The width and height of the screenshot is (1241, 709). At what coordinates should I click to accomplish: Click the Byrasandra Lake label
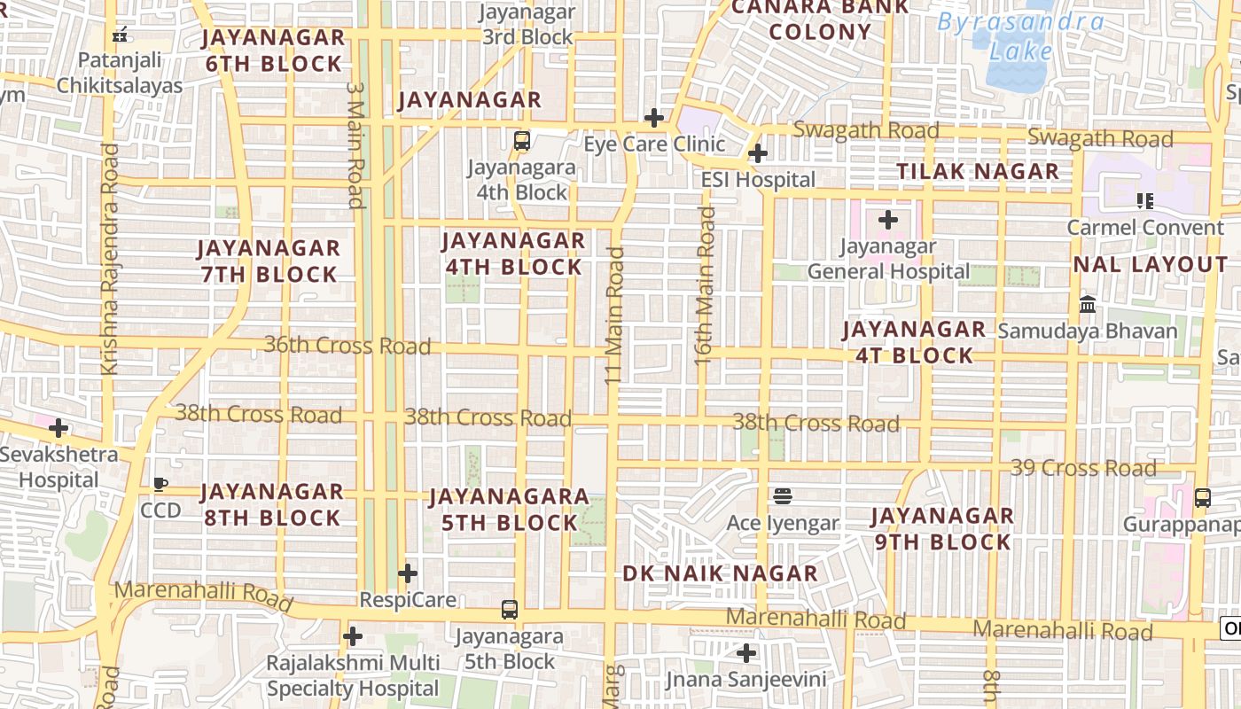click(x=1021, y=35)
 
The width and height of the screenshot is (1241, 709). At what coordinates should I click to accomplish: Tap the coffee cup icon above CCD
click(x=160, y=484)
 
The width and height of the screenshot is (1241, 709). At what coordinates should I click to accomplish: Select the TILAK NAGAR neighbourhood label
click(x=978, y=171)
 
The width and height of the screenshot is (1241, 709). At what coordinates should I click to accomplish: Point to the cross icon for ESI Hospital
click(x=757, y=153)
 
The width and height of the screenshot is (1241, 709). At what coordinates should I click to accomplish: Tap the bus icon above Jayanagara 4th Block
click(x=522, y=140)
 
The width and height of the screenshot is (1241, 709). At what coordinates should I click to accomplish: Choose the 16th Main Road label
click(x=704, y=285)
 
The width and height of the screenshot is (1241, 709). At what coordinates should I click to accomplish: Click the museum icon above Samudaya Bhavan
click(x=1088, y=305)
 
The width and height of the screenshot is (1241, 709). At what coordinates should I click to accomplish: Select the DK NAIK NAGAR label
click(x=720, y=573)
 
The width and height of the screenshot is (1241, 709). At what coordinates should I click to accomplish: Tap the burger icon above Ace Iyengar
click(x=782, y=496)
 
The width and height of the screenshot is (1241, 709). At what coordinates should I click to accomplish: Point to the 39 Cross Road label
click(x=1083, y=467)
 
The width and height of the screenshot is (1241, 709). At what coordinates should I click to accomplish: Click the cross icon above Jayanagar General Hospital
click(x=888, y=220)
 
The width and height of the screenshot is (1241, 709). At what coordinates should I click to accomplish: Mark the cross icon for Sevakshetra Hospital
click(x=59, y=429)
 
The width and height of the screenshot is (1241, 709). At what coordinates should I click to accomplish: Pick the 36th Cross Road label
click(x=347, y=345)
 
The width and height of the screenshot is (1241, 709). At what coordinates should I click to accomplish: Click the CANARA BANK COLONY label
click(x=820, y=19)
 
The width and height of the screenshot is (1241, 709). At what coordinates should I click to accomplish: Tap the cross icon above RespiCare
click(x=408, y=573)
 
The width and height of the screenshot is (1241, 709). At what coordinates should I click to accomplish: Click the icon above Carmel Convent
click(x=1145, y=201)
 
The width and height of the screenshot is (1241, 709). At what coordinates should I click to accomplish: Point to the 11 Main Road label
click(x=614, y=316)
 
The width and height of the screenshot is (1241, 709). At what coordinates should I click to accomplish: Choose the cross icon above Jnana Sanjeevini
click(x=746, y=654)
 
